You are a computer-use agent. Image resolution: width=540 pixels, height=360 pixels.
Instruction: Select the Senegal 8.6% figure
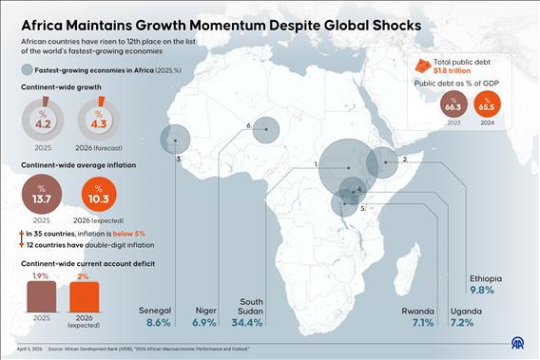coord(159,323)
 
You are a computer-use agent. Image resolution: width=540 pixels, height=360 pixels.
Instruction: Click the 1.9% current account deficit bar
coord(42,296)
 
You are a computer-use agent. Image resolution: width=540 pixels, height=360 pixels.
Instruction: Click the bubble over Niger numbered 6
coord(266,130)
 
